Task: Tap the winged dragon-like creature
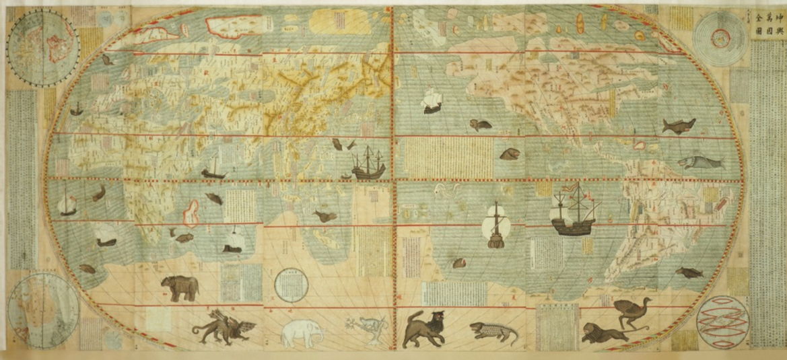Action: pyautogui.click(x=224, y=326)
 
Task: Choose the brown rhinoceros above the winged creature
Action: pyautogui.click(x=180, y=288)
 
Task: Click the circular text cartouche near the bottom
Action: pyautogui.click(x=292, y=285)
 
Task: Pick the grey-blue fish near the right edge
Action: pyautogui.click(x=692, y=163)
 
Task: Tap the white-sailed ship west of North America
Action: pyautogui.click(x=432, y=102)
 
